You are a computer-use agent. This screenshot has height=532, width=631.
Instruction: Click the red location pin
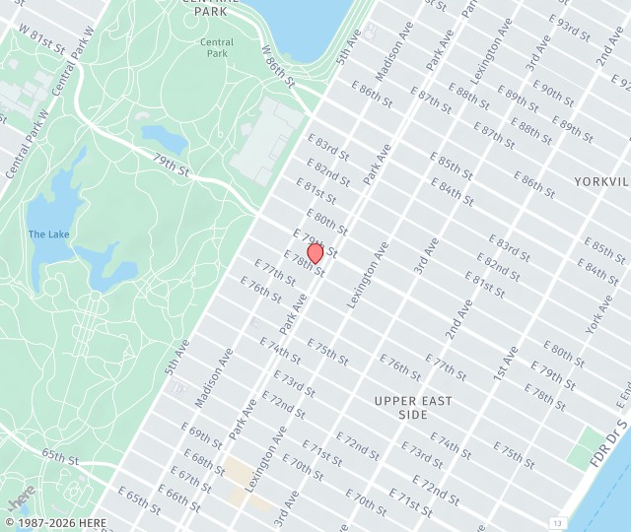[315, 253]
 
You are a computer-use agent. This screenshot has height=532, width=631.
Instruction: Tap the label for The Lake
[48, 233]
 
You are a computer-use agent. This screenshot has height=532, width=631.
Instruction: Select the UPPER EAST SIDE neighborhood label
[413, 408]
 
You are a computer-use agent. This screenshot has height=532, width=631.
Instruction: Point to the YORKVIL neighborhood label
[601, 182]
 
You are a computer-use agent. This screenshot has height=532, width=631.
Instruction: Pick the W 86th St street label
[278, 64]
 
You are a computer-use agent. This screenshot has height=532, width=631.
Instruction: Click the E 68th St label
[203, 461]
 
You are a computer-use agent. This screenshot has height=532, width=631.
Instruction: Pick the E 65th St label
[139, 499]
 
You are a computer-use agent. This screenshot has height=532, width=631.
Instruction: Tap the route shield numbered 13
[558, 522]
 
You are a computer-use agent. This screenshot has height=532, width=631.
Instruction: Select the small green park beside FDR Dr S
[588, 445]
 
